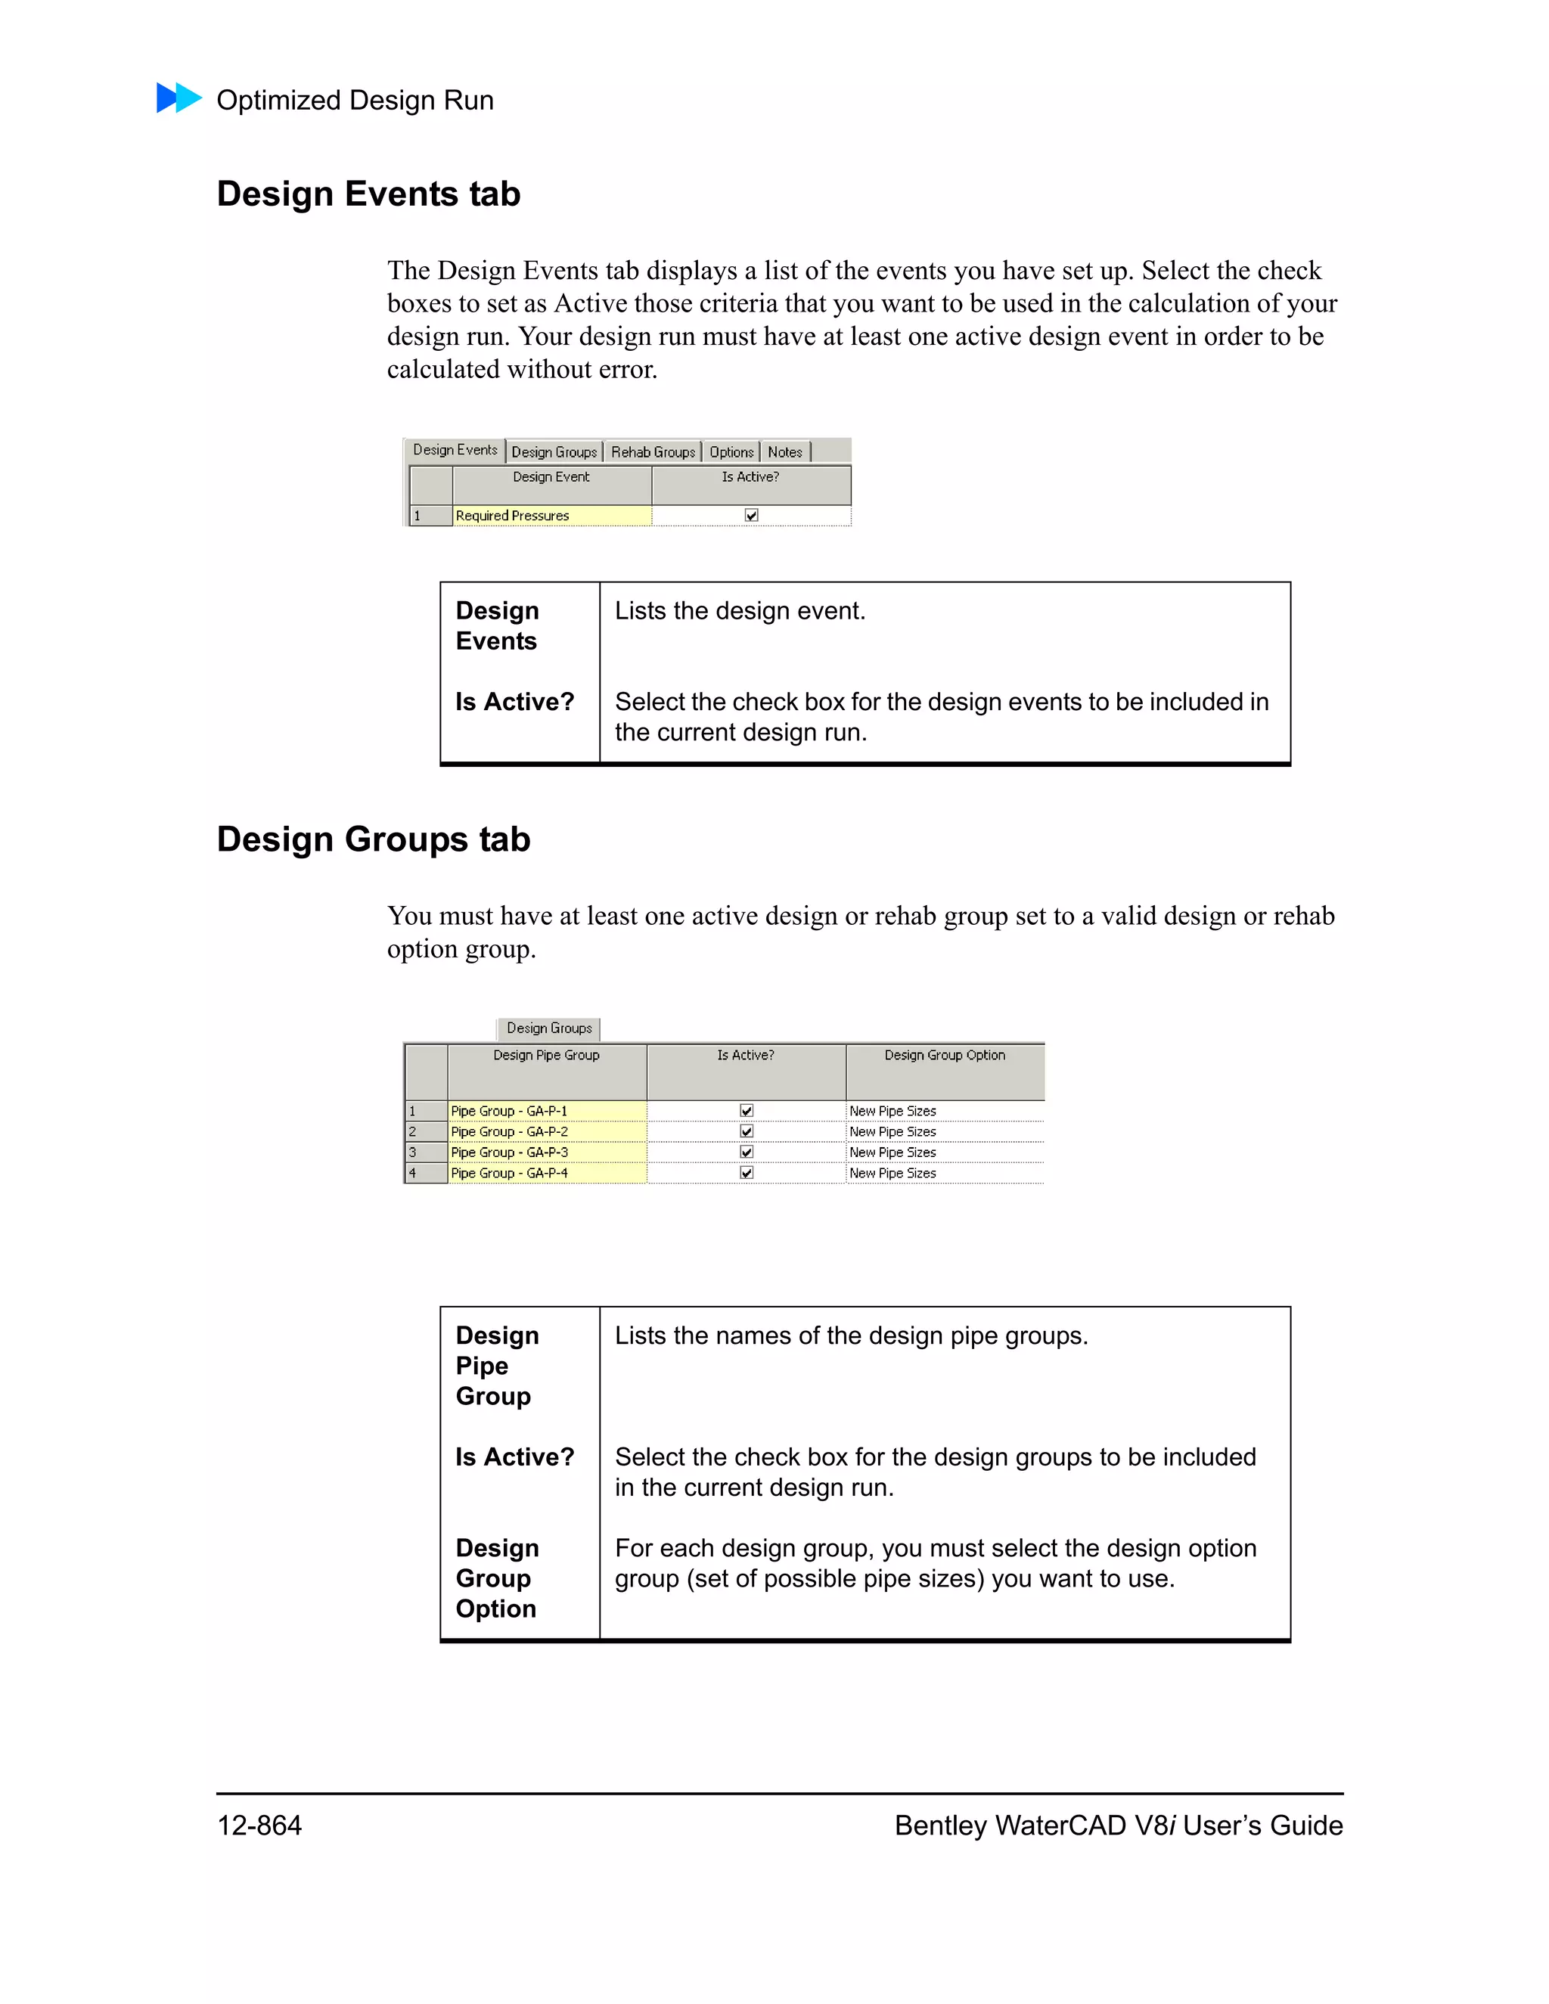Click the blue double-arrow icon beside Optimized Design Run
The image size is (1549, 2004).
(179, 98)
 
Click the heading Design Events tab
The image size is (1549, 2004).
(368, 194)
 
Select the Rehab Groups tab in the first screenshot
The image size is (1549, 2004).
(653, 452)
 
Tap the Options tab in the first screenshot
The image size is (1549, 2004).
(731, 452)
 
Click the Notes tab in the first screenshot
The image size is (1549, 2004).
(784, 452)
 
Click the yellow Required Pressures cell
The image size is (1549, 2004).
(551, 516)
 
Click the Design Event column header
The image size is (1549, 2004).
(551, 478)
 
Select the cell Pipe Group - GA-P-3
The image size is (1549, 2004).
(546, 1152)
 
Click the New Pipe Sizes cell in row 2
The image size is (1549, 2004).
(944, 1132)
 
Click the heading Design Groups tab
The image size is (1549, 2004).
(374, 839)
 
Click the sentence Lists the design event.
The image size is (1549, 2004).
(740, 611)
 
